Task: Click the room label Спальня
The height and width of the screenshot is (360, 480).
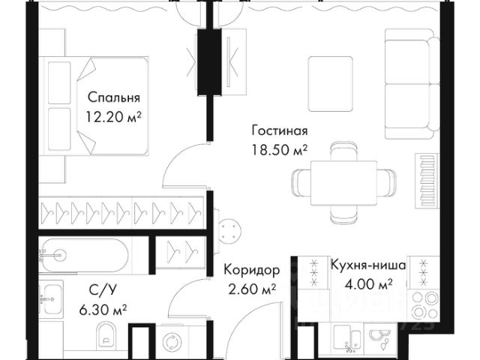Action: pos(114,97)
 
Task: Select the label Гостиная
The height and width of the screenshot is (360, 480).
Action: pos(280,129)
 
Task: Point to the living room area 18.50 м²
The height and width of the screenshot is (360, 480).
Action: pos(280,148)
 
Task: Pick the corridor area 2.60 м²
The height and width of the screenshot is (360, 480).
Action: pos(250,289)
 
